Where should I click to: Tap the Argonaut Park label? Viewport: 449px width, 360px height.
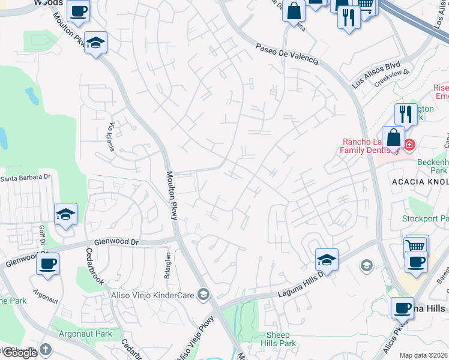click(86, 334)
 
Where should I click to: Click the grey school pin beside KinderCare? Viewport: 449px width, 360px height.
click(203, 293)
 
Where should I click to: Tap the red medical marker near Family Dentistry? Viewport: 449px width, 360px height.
click(409, 145)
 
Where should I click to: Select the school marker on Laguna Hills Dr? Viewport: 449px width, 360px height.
click(327, 259)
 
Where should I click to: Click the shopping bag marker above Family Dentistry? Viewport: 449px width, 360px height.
click(393, 136)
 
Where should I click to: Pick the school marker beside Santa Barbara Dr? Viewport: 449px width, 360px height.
click(65, 214)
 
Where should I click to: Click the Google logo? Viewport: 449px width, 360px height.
click(20, 353)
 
